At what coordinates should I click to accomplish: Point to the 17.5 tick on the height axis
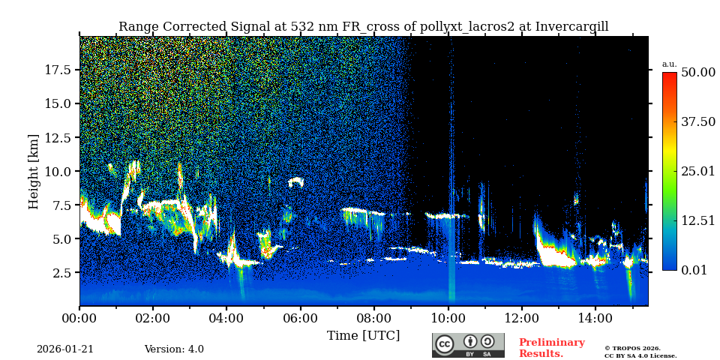coord(58,70)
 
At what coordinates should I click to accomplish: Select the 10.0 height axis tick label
coord(58,171)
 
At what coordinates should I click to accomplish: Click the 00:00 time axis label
coord(79,318)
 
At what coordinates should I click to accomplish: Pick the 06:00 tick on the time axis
coord(300,318)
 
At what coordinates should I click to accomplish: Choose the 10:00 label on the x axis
coord(448,318)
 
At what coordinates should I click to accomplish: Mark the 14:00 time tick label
coord(595,318)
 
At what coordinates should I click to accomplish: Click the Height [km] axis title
coord(34,171)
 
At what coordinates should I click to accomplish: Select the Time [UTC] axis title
coord(363,335)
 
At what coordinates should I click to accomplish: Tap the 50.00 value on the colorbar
coord(697,72)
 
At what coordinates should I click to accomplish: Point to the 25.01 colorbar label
coord(697,171)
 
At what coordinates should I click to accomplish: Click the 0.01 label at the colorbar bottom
coord(694,270)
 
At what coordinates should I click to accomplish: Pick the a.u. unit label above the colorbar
coord(669,64)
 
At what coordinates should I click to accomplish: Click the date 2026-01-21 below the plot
coord(65,349)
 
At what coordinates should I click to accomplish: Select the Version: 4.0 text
coord(174,349)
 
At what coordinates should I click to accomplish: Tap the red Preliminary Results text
coord(551,348)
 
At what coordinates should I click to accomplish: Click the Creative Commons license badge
coord(468,345)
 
